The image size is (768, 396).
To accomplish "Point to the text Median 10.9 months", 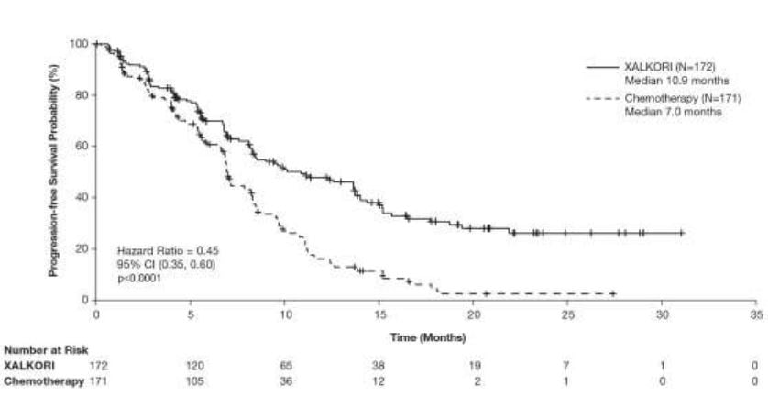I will pos(664,81).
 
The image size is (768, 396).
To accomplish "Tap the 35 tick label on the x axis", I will pos(755,313).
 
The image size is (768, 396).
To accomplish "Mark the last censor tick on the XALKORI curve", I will pos(682,233).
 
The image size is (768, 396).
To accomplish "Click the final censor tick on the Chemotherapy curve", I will pos(612,293).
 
